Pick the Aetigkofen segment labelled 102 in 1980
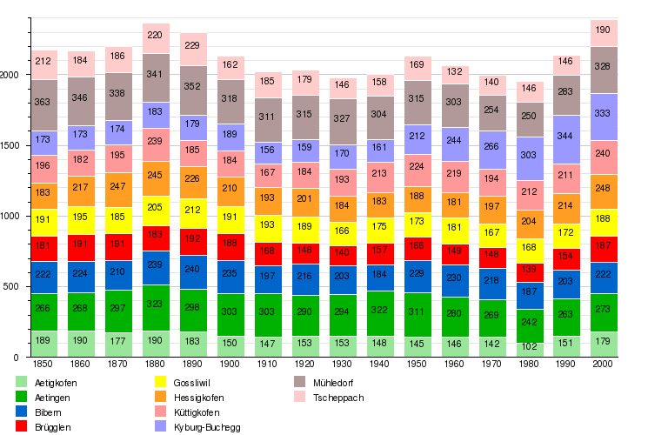(530, 346)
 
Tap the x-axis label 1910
(268, 363)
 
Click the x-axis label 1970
(492, 363)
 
